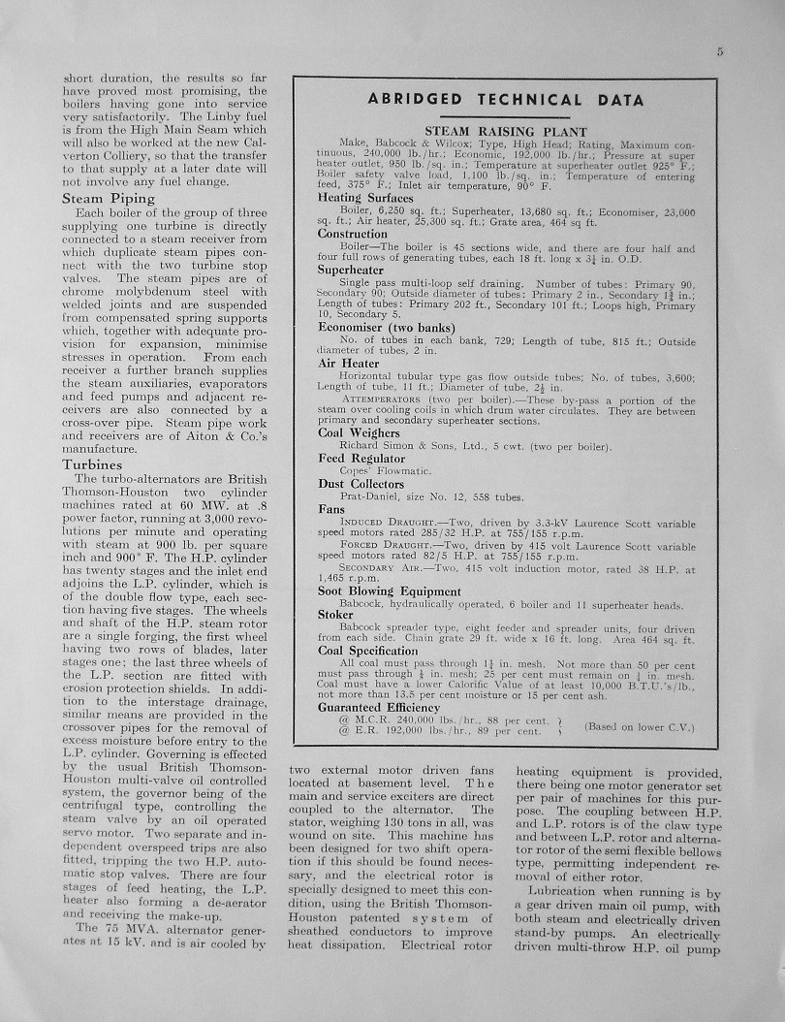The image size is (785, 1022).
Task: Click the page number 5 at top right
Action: (x=720, y=53)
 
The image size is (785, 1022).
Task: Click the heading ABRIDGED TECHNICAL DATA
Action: (x=506, y=100)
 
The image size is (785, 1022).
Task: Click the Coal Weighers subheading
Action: (x=358, y=432)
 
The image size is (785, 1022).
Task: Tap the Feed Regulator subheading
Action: (x=361, y=458)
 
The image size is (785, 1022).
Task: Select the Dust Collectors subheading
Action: (x=361, y=483)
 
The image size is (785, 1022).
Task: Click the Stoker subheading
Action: (x=336, y=614)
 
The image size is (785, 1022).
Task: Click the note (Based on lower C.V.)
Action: (x=641, y=726)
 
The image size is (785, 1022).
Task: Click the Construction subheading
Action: (x=353, y=234)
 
